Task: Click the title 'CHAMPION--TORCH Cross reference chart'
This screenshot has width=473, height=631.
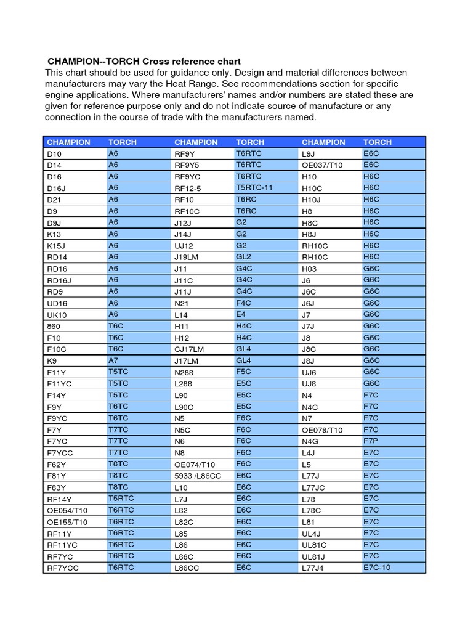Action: click(144, 62)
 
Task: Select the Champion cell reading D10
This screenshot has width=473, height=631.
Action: click(54, 153)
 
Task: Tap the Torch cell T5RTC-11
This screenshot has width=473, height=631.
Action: click(254, 187)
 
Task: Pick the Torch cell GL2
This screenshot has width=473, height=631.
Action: click(243, 256)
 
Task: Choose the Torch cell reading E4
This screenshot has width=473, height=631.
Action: click(241, 314)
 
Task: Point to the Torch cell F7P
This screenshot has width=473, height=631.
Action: click(371, 441)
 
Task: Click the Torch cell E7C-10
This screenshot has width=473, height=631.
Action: click(377, 568)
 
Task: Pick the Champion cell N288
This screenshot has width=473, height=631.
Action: click(184, 372)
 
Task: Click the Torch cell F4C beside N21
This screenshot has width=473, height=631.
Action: click(244, 303)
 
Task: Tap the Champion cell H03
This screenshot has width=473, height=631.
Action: click(309, 268)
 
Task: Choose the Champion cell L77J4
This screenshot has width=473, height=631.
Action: click(312, 568)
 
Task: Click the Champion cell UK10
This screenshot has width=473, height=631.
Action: click(57, 314)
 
